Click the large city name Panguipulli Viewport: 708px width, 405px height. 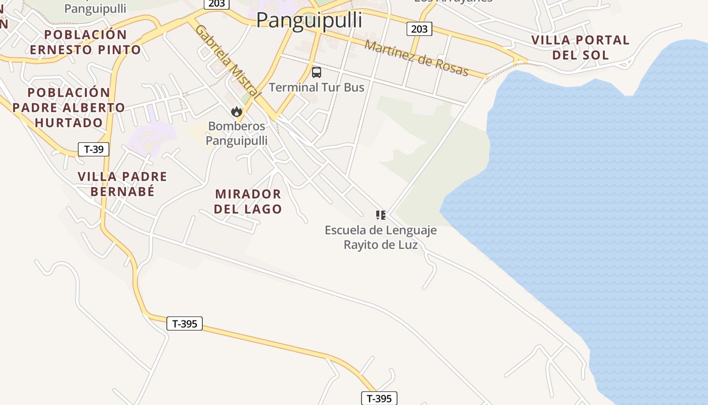[x=309, y=20]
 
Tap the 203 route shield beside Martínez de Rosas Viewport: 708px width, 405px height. [x=419, y=29]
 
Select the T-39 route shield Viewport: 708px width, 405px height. [x=94, y=149]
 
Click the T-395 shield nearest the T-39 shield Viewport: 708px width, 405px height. [x=185, y=323]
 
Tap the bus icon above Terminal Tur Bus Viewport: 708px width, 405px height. [x=317, y=72]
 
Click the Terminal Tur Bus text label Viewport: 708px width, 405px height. [x=317, y=87]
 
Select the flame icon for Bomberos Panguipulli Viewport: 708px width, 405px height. [x=236, y=112]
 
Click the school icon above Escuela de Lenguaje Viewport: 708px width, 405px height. [x=381, y=215]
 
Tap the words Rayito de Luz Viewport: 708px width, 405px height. [x=381, y=245]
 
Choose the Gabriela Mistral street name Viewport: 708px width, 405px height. [x=228, y=61]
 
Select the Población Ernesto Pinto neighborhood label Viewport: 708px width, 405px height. [x=85, y=42]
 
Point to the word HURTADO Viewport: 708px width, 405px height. [x=69, y=123]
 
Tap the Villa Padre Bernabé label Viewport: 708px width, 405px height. [x=122, y=184]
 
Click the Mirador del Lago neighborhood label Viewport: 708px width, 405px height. [x=248, y=201]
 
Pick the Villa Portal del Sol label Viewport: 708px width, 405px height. [x=580, y=47]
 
